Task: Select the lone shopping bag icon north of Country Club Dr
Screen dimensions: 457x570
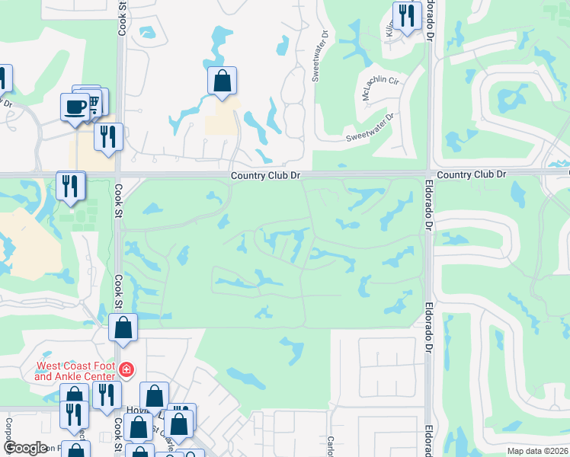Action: (222, 80)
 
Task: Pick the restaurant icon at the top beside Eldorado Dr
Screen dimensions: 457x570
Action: (407, 15)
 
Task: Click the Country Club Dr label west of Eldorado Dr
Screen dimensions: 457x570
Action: (267, 175)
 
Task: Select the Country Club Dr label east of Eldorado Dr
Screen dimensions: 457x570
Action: (472, 174)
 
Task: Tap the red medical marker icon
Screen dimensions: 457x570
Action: (126, 372)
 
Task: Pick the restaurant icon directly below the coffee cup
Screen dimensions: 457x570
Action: (108, 137)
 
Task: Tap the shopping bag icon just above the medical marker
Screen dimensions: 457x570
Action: (123, 328)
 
